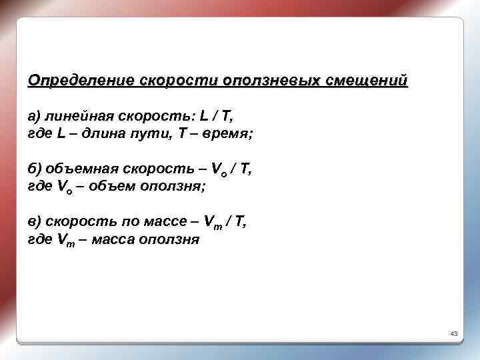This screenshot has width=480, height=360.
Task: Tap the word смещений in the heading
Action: coord(366,81)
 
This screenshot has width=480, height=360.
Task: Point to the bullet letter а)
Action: coord(36,117)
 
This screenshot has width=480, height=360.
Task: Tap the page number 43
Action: coord(453,333)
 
